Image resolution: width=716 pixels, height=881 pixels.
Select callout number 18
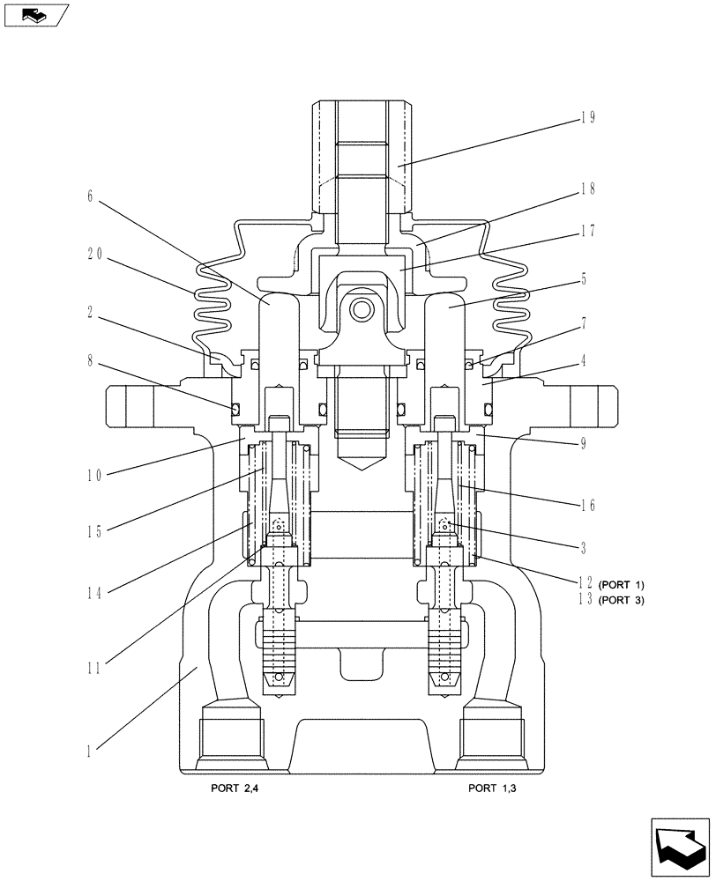coord(588,188)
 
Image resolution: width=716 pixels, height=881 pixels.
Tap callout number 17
coord(588,231)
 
